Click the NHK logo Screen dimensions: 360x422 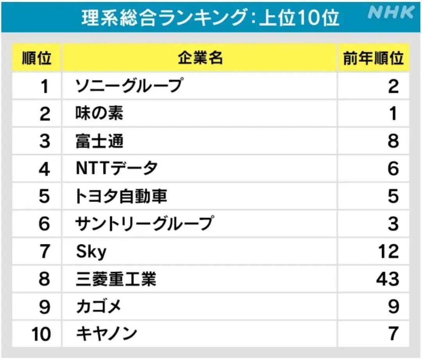(391, 13)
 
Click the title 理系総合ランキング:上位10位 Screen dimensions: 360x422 (210, 17)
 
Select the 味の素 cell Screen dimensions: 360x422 (99, 113)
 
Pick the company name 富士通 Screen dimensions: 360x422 (99, 141)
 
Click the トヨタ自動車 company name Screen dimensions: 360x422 (121, 196)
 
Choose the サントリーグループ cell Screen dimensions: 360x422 (145, 224)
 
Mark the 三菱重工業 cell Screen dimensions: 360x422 (116, 279)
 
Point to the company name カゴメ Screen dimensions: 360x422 (98, 306)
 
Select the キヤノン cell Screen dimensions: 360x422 (106, 334)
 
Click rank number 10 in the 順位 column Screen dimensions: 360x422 (41, 334)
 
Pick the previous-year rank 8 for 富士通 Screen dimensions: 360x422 (393, 141)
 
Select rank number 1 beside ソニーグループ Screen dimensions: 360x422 (45, 86)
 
